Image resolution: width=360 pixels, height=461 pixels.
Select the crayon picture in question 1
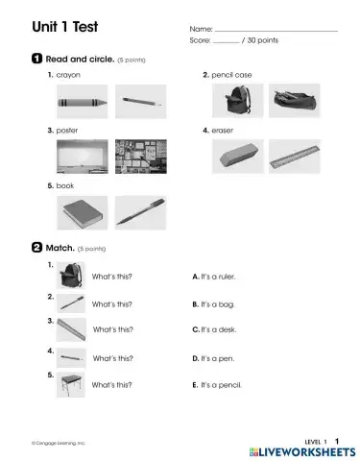80,101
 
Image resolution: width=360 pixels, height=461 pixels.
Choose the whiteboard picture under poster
80,154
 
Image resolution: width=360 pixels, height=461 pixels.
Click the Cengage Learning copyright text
58,443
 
